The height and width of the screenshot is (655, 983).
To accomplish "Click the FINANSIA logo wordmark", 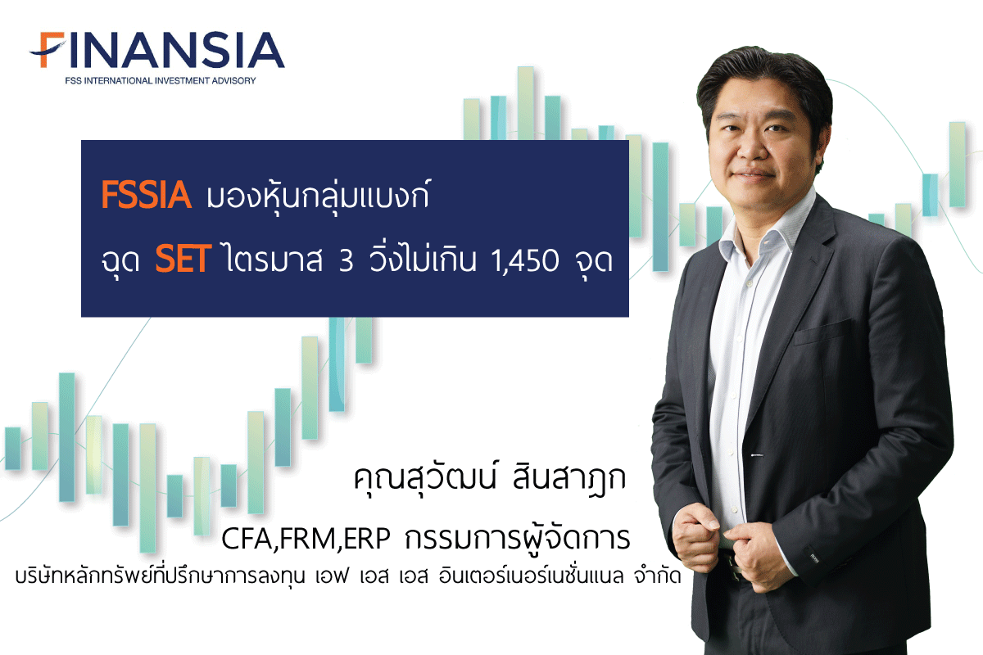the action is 156,50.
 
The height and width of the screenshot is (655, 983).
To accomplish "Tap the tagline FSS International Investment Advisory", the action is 161,81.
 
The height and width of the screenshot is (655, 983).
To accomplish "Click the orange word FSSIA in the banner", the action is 146,195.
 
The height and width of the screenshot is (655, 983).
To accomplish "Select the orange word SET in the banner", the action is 183,260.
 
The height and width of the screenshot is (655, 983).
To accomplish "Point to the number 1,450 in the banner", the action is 525,261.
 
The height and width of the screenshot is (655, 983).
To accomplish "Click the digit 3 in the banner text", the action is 346,260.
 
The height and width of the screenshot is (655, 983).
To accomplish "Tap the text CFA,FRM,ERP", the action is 306,539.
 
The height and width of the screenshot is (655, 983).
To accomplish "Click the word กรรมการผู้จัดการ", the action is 518,538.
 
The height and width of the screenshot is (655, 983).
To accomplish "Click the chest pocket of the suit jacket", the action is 822,332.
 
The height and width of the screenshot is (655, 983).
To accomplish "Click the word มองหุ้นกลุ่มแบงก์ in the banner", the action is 319,196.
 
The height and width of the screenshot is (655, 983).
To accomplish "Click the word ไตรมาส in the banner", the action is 274,260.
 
